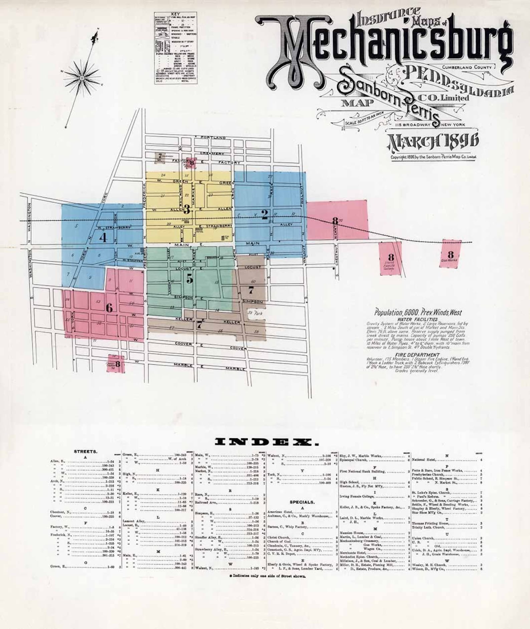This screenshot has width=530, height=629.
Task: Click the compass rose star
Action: (82, 78)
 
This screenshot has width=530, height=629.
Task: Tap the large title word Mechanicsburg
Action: (384, 47)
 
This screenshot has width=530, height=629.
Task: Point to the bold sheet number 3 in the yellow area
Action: (187, 210)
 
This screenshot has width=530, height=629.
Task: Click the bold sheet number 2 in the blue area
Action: (265, 214)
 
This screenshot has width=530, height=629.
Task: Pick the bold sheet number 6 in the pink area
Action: (109, 308)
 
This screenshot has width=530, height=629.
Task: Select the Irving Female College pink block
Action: (390, 259)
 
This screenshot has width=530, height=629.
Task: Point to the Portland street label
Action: (213, 138)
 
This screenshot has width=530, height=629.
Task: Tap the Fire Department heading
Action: (417, 355)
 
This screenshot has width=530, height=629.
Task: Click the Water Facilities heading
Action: (417, 319)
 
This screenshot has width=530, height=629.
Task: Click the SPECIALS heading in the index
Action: (302, 502)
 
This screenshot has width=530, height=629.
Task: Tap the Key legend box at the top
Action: (176, 48)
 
